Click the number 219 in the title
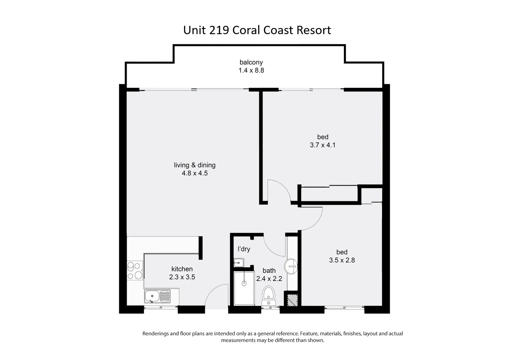(219, 30)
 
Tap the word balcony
(251, 62)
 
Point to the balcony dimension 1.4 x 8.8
(251, 70)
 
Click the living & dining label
(195, 165)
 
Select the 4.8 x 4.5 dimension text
(195, 173)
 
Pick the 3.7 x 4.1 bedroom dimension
(322, 145)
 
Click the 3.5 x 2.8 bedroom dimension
(342, 260)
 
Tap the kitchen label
(182, 269)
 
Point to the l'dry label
(244, 249)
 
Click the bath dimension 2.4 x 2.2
(269, 279)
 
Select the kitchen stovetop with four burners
(135, 271)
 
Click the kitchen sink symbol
(157, 296)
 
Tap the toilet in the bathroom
(268, 295)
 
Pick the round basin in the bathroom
(291, 267)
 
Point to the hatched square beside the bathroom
(292, 299)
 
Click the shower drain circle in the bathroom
(244, 283)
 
